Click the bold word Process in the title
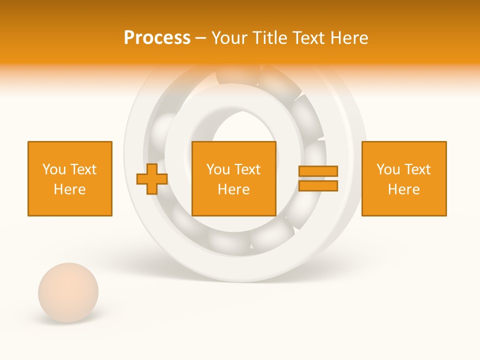click(x=157, y=38)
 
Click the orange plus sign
click(x=152, y=179)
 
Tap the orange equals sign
click(x=318, y=178)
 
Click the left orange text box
click(x=70, y=178)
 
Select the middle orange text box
click(x=233, y=178)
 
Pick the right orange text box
click(x=404, y=178)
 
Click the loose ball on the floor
click(x=68, y=292)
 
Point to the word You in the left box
click(x=54, y=169)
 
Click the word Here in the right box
click(x=404, y=189)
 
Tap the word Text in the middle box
click(x=246, y=169)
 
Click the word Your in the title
click(x=229, y=38)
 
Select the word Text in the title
click(x=309, y=38)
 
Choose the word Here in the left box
click(x=70, y=189)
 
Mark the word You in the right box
click(x=388, y=169)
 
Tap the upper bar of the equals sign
click(x=318, y=171)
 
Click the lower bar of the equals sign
click(x=318, y=185)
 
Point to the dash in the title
click(x=200, y=38)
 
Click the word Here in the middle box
click(x=233, y=189)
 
